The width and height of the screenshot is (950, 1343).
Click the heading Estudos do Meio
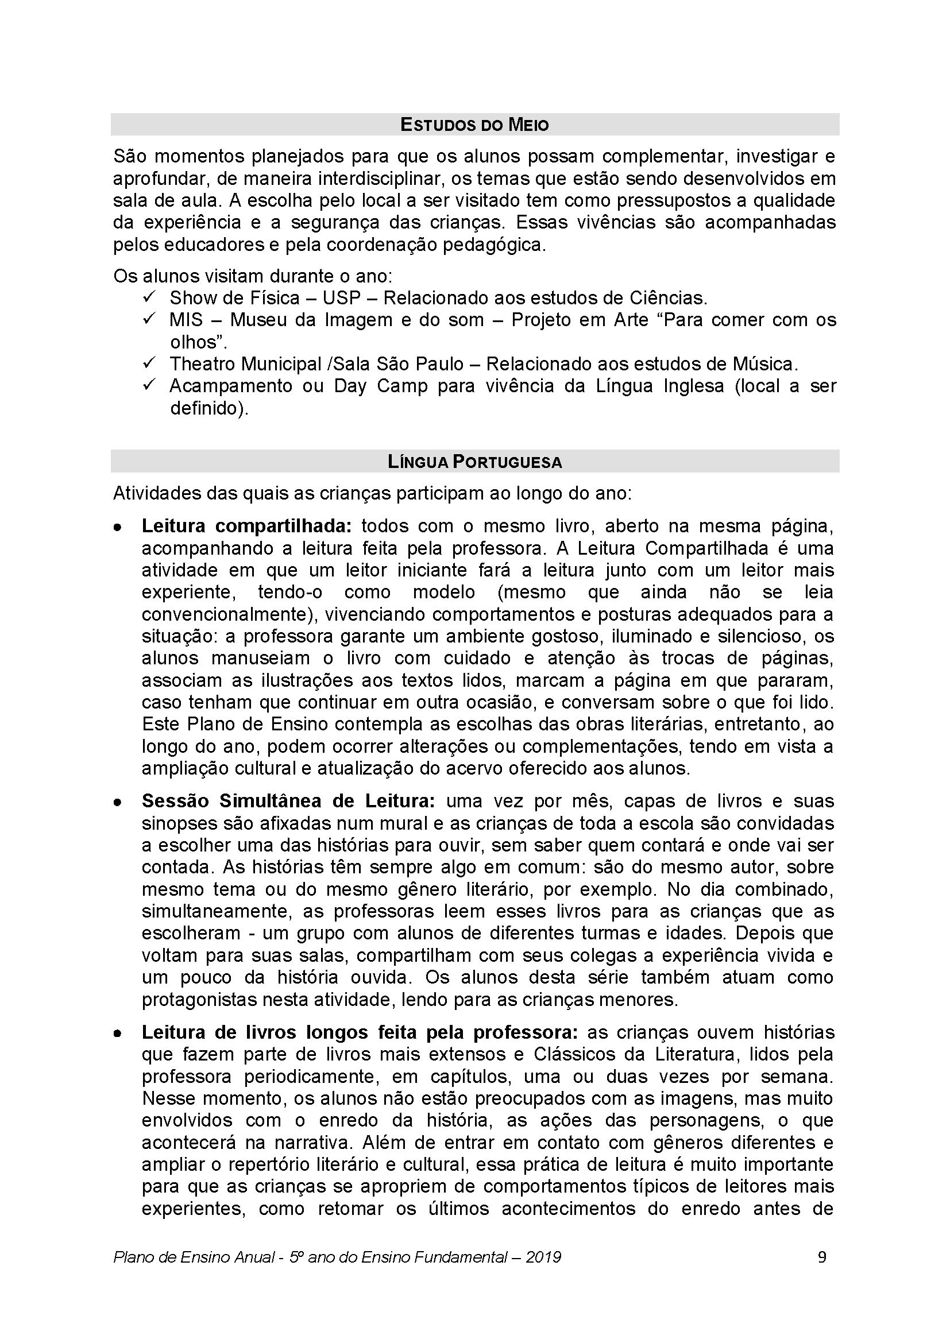(x=474, y=125)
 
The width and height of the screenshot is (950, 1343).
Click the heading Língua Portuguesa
(x=474, y=462)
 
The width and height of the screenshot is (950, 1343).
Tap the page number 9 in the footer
(x=822, y=1257)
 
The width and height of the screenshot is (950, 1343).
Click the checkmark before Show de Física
(x=148, y=298)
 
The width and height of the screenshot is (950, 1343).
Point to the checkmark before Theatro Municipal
(x=148, y=364)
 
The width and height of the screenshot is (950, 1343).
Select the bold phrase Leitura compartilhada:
(x=246, y=527)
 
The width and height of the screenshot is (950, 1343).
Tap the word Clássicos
(x=571, y=1055)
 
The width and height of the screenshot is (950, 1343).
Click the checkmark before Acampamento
(x=148, y=385)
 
